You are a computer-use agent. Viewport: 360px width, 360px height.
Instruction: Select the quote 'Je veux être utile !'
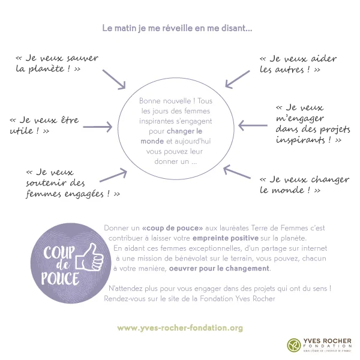44,125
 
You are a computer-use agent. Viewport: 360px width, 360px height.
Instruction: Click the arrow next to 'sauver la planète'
115,77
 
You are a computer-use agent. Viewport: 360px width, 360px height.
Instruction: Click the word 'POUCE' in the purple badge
62,278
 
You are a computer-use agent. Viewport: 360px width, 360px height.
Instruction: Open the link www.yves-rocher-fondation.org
180,328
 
